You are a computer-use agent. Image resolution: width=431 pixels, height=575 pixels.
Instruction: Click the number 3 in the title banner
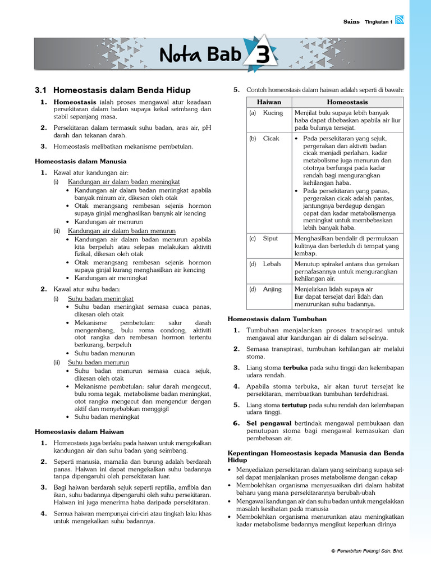263,55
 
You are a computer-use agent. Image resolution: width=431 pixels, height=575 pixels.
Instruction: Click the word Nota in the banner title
178,55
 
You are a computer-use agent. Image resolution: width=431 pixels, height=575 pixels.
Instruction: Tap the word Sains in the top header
351,21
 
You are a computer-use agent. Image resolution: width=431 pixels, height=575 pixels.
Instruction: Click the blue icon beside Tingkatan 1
400,21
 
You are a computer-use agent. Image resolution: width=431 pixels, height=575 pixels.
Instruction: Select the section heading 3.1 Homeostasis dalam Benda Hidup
112,90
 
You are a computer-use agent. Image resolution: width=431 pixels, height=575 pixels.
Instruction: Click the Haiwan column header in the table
269,102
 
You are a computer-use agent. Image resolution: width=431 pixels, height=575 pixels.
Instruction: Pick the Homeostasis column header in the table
347,102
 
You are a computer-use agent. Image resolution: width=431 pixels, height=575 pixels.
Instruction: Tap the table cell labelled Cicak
271,139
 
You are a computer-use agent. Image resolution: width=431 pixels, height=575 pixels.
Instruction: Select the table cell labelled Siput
270,239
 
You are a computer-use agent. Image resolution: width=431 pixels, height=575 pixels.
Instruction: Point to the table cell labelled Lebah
272,264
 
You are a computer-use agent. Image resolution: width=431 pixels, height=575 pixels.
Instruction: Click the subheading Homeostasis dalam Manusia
81,161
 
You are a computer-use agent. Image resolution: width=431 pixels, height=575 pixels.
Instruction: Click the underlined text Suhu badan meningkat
100,299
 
